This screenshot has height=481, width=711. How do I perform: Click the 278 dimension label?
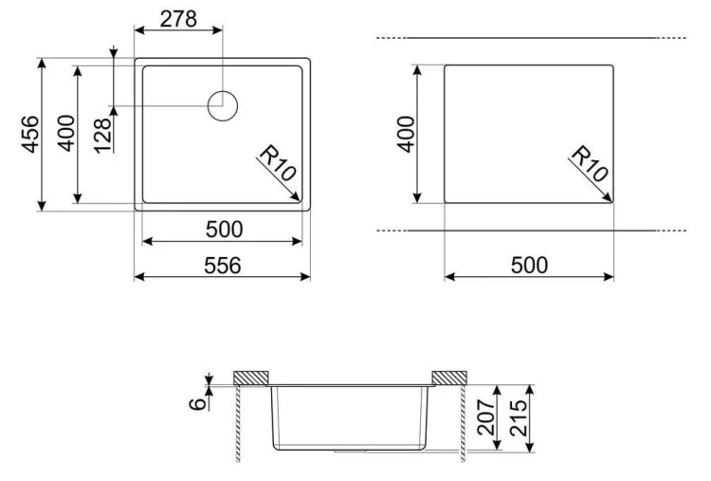click(178, 19)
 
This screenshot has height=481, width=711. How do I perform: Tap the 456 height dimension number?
click(31, 134)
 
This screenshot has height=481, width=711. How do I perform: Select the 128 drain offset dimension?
click(103, 136)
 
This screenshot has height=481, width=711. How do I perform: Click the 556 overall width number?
click(222, 266)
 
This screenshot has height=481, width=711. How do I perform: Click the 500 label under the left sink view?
click(224, 230)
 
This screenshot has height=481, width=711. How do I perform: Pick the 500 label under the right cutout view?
click(529, 265)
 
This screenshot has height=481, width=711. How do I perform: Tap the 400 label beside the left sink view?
click(66, 133)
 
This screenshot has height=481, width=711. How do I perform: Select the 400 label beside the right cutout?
click(406, 134)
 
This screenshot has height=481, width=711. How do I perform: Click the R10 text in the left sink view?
click(277, 163)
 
